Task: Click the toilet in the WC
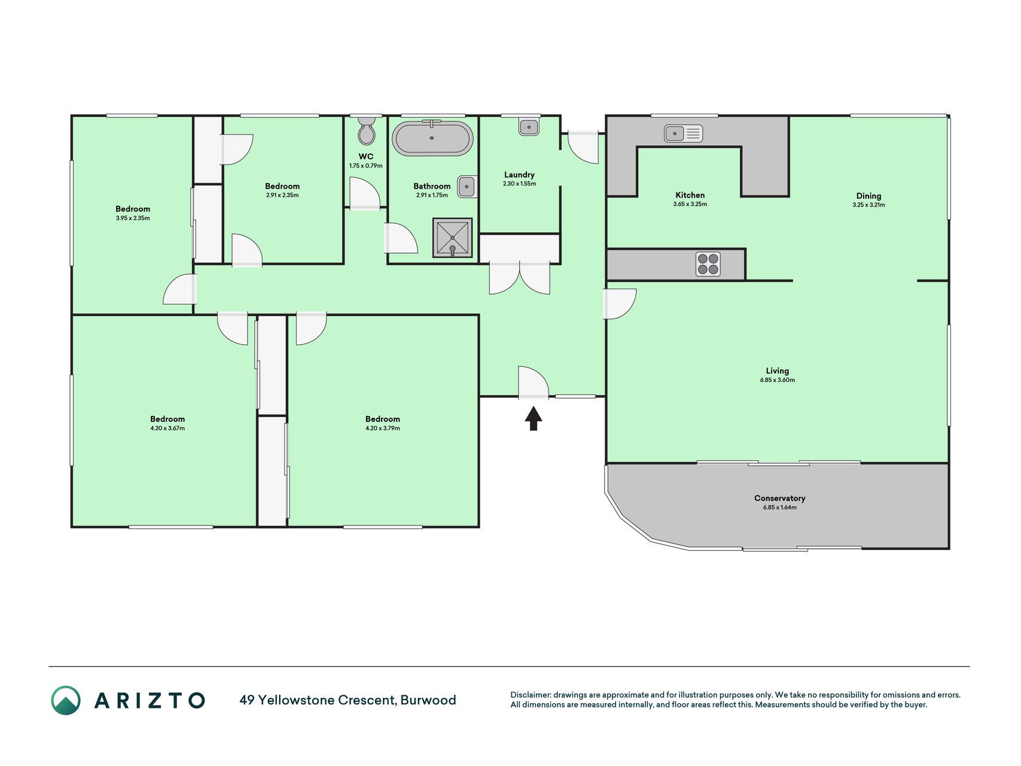(x=366, y=131)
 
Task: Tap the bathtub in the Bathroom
(x=432, y=138)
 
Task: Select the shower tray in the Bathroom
(x=452, y=238)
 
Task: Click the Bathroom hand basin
(x=467, y=187)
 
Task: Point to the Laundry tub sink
(x=529, y=127)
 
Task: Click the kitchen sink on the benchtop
(x=683, y=133)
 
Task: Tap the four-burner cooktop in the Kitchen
(x=708, y=264)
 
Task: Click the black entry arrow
(x=534, y=418)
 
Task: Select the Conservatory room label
(x=779, y=498)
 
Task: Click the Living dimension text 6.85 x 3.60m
(x=778, y=380)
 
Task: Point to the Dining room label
(x=868, y=196)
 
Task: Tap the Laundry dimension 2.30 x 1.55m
(x=519, y=184)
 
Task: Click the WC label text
(x=366, y=156)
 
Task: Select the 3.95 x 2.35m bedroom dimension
(x=133, y=218)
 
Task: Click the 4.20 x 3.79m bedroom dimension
(x=383, y=428)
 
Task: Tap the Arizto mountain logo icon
(x=66, y=700)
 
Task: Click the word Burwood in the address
(x=428, y=700)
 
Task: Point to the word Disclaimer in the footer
(x=530, y=695)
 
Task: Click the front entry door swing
(x=534, y=381)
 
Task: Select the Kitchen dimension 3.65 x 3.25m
(x=690, y=204)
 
